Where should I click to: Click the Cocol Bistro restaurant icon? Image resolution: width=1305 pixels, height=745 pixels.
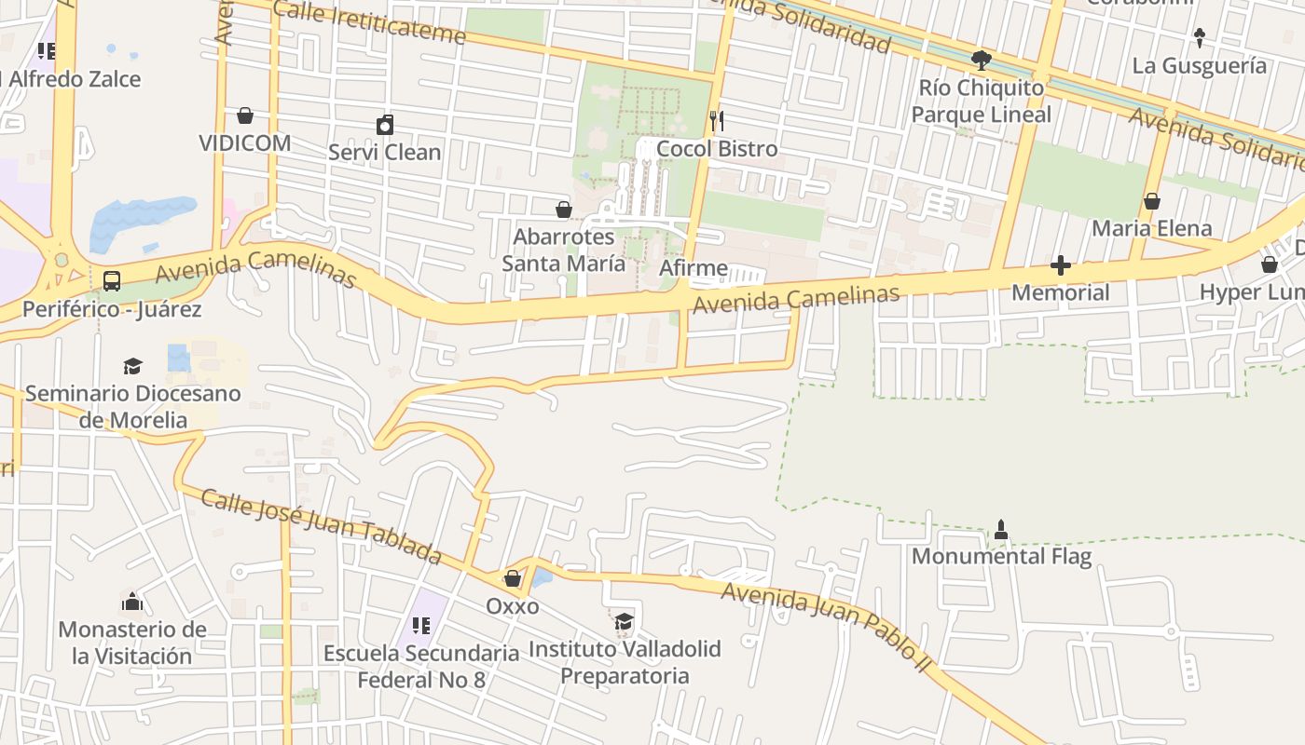717,121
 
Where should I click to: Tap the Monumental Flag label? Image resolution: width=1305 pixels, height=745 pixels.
1001,557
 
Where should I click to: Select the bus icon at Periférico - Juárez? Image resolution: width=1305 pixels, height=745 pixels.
111,280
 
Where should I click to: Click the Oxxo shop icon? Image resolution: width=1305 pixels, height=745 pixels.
512,579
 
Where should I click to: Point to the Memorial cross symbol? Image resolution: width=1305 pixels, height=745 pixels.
1060,266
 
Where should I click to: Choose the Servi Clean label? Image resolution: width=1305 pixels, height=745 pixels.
385,152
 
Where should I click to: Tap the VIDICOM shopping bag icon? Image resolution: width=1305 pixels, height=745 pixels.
245,115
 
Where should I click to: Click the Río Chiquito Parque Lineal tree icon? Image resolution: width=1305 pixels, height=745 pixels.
981,61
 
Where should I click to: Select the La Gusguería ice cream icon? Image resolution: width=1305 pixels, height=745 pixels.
1200,38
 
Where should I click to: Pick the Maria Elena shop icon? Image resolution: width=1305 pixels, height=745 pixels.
1152,201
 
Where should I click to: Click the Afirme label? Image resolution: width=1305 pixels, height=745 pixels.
694,268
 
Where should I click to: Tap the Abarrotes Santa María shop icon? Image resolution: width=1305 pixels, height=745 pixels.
564,210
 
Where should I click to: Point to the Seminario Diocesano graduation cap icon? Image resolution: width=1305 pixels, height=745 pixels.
133,366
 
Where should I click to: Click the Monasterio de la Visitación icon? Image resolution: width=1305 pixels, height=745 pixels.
132,603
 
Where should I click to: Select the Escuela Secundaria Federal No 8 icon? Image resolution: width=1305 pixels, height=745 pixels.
420,626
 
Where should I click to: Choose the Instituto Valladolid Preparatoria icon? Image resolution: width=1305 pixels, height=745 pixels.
623,621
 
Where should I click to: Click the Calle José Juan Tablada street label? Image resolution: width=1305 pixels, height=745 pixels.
321,526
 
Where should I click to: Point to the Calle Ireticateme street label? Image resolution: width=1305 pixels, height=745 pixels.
370,22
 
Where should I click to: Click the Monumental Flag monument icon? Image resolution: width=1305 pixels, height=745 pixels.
1001,530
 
